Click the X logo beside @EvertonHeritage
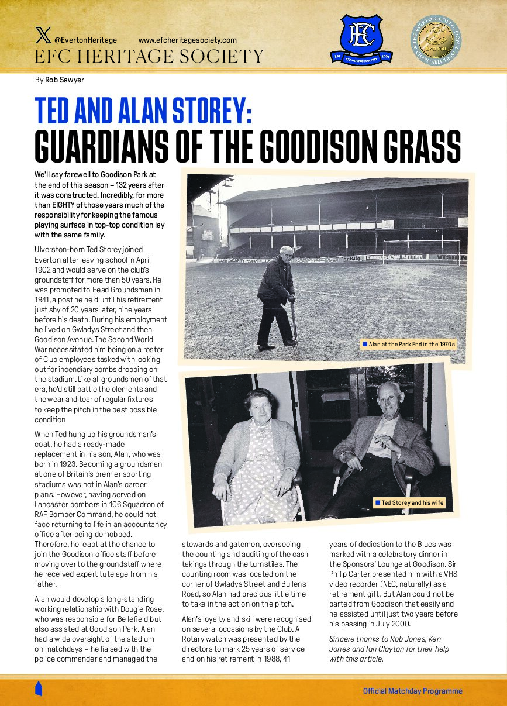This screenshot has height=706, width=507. coord(43,39)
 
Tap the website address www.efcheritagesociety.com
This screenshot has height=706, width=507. coord(187,40)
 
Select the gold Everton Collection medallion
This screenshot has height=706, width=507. coord(435,40)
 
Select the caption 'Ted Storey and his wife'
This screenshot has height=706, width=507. coord(412,502)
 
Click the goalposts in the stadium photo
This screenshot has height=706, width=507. coord(421,250)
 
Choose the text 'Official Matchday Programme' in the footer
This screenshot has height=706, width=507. coord(412,691)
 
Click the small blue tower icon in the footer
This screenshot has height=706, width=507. coord(39,688)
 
